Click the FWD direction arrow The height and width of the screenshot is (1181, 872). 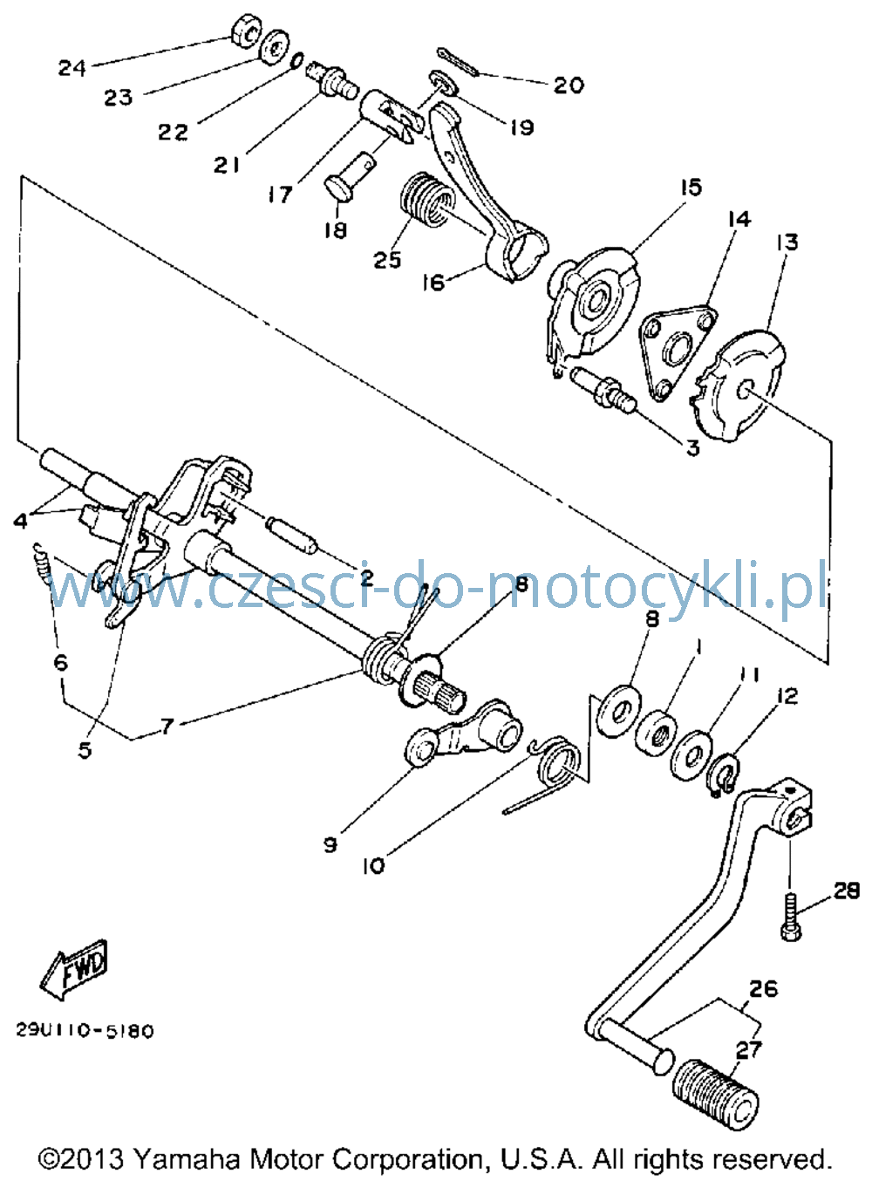pyautogui.click(x=74, y=970)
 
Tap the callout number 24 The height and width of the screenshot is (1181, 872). pyautogui.click(x=72, y=68)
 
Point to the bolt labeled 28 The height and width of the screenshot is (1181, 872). pyautogui.click(x=792, y=914)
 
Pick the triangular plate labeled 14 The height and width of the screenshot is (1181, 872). pyautogui.click(x=678, y=352)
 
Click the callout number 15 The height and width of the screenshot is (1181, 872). pyautogui.click(x=691, y=188)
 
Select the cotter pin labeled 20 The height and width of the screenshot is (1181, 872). pyautogui.click(x=458, y=62)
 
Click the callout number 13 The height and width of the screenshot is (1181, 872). pyautogui.click(x=787, y=242)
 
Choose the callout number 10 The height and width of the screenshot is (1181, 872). pyautogui.click(x=373, y=867)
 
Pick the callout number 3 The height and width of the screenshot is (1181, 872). pyautogui.click(x=692, y=448)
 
